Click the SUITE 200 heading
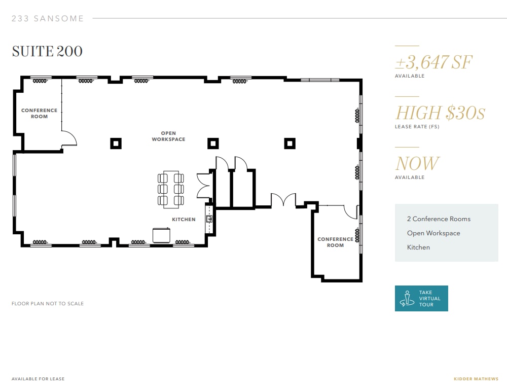(x=47, y=51)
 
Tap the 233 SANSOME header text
(x=48, y=19)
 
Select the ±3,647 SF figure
(x=433, y=62)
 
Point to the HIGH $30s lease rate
(x=440, y=113)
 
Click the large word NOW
(x=417, y=163)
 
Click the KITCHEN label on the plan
(x=184, y=220)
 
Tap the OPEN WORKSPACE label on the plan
(x=168, y=136)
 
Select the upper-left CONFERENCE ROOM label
(x=39, y=113)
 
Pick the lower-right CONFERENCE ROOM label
(x=335, y=242)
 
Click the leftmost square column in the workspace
(x=116, y=144)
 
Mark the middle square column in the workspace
(x=213, y=144)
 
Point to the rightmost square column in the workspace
(x=289, y=144)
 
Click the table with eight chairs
(x=171, y=189)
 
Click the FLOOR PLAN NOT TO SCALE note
(x=48, y=304)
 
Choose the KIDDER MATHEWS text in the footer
(x=476, y=379)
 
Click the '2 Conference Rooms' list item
(x=439, y=219)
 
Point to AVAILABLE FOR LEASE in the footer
(x=38, y=379)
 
